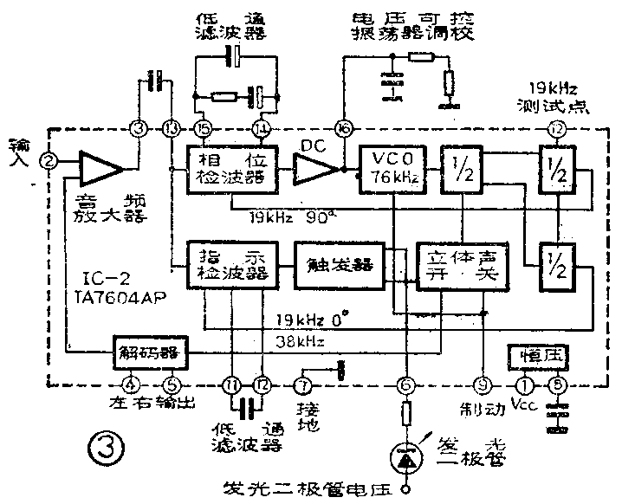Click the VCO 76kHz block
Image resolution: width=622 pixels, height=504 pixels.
coord(392,168)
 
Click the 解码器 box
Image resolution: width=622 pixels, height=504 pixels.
coord(144,353)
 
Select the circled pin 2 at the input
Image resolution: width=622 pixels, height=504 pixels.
coord(50,161)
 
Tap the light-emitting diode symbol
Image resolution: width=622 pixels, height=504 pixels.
coord(403,454)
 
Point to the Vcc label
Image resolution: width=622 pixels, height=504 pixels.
coord(526,406)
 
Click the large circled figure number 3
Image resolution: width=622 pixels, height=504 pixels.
coord(110,449)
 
